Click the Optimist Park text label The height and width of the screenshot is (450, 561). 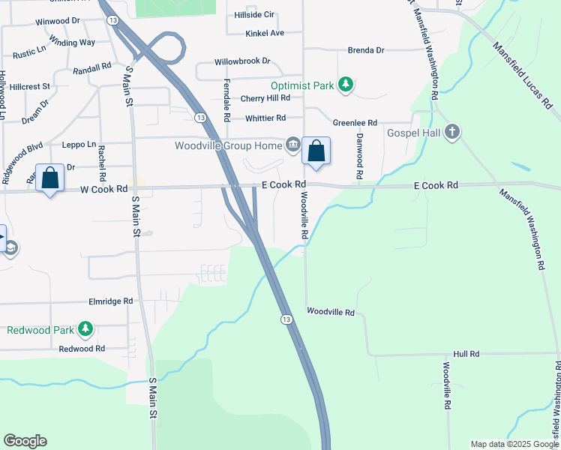(x=302, y=85)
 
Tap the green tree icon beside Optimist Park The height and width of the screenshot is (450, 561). (x=346, y=85)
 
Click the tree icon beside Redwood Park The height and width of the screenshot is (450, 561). (x=85, y=329)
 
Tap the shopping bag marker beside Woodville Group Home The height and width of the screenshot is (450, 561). (x=316, y=151)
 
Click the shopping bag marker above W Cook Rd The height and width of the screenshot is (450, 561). (x=50, y=178)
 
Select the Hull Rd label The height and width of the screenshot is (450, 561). (x=466, y=353)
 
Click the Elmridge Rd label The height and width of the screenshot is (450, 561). (x=111, y=301)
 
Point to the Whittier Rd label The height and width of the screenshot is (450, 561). (x=265, y=118)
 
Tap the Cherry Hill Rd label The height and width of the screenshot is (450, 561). (x=265, y=98)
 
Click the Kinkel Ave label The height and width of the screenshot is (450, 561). (x=265, y=34)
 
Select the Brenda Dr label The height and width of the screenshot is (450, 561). (x=365, y=50)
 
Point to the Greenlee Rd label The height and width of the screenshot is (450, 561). (x=355, y=123)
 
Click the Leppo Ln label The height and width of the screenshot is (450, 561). (x=79, y=144)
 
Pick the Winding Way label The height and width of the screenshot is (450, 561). (x=72, y=42)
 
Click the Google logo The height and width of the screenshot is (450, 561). (x=25, y=441)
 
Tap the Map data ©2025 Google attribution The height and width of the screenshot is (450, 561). (x=514, y=444)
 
